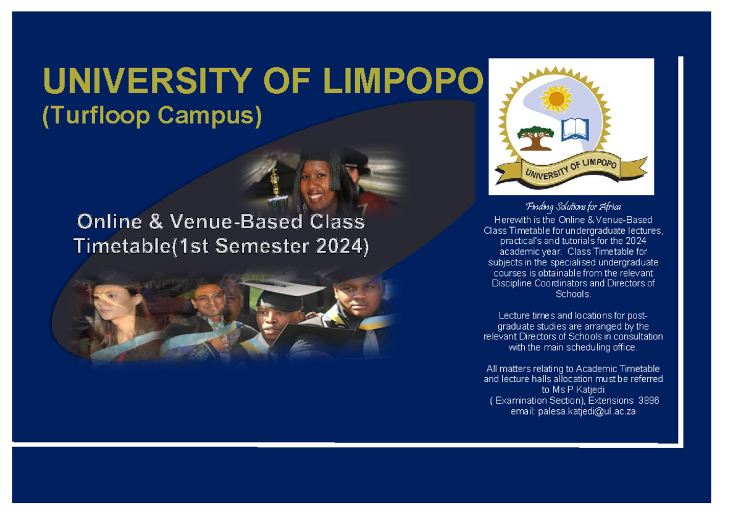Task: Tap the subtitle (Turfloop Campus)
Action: (152, 117)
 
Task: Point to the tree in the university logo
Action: (535, 138)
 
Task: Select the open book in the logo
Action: (575, 128)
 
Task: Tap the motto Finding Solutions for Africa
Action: (572, 207)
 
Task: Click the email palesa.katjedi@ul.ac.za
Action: (573, 411)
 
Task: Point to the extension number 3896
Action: (648, 401)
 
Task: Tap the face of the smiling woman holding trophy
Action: (316, 180)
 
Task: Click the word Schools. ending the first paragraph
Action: (573, 294)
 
